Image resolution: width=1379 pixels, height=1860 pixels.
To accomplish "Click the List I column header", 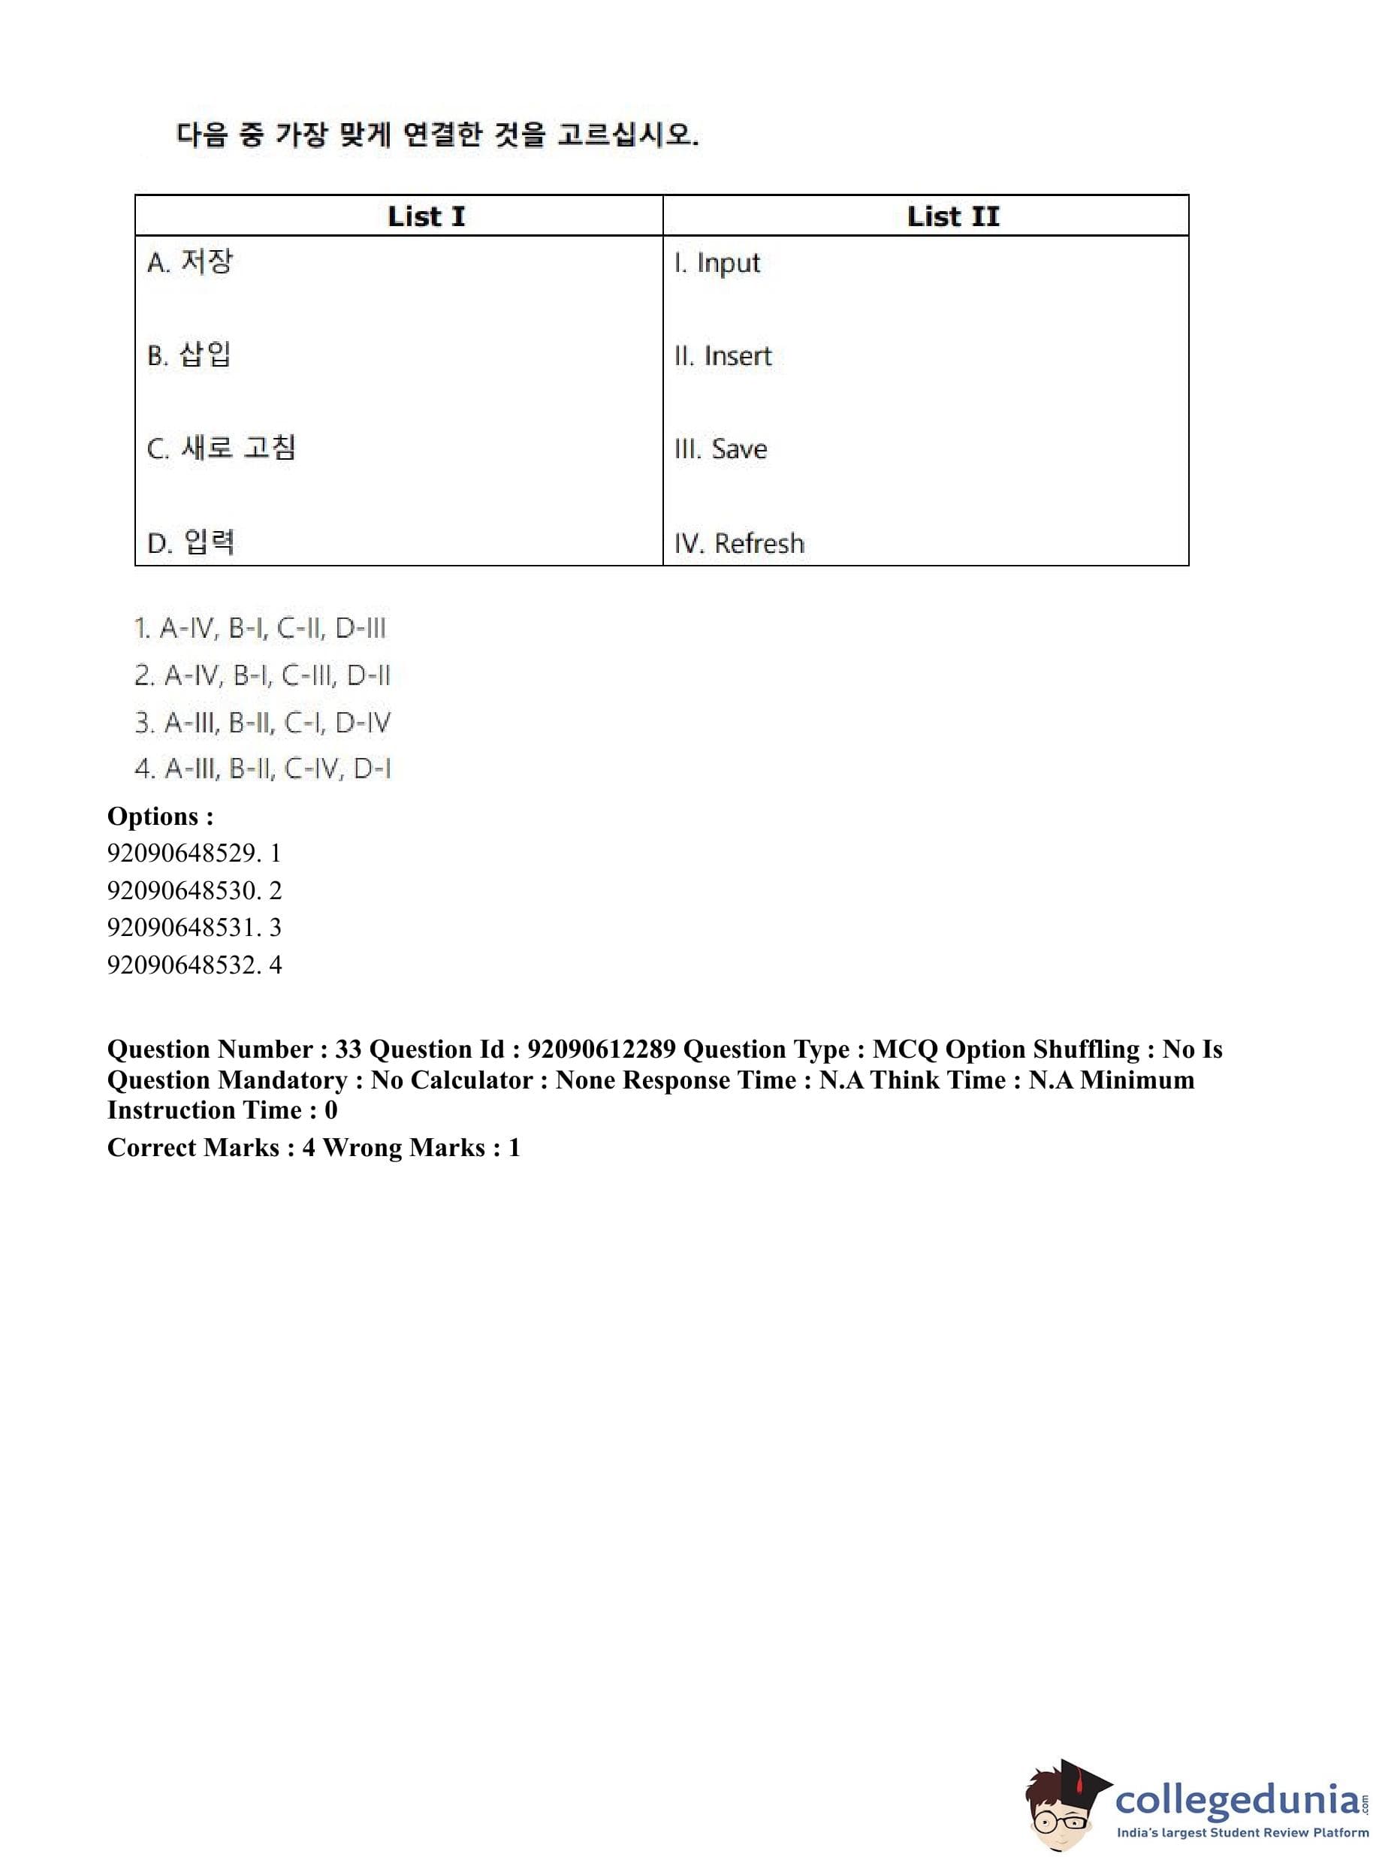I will pos(426,216).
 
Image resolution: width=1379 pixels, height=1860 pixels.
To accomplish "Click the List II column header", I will pos(952,216).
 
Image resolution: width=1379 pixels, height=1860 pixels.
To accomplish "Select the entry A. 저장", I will pos(190,262).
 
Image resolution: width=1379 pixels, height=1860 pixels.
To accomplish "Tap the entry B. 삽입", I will pos(189,355).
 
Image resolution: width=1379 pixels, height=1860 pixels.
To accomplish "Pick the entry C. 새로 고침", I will pos(222,448).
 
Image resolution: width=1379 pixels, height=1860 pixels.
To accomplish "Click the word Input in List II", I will pos(728,263).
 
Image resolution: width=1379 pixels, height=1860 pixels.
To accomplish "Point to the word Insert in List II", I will pos(737,357).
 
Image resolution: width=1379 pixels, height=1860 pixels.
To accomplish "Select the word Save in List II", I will pos(739,449).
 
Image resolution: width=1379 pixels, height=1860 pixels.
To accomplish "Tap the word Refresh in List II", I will pos(759,543).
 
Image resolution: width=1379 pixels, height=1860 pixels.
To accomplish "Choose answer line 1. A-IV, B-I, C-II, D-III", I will pos(261,629).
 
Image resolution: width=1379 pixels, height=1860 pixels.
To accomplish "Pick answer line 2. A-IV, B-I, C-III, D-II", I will pos(262,675).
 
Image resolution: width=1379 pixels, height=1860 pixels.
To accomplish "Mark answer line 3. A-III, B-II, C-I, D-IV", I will pos(262,722).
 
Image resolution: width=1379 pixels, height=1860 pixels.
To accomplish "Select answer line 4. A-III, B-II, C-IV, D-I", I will pos(262,769).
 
